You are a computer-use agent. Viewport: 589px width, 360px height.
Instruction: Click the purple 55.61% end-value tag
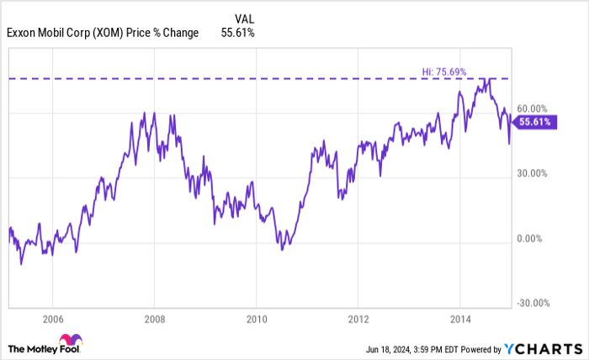(535, 122)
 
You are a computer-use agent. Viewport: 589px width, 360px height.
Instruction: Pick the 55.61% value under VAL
(237, 33)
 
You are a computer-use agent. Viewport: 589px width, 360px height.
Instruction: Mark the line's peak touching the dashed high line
(486, 79)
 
